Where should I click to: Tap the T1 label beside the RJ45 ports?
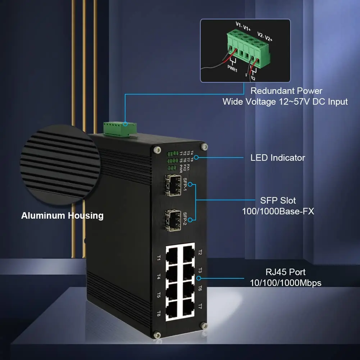point(159,258)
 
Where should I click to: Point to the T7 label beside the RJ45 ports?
point(200,306)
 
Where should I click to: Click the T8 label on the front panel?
point(159,313)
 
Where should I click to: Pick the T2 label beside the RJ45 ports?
point(200,252)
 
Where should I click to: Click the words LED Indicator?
point(278,158)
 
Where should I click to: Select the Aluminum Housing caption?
point(62,216)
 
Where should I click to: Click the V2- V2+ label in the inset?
point(265,36)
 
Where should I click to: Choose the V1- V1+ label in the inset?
point(243,26)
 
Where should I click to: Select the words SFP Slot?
point(278,200)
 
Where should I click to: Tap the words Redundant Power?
point(286,91)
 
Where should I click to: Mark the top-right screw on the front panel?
point(204,146)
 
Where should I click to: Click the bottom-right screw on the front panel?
point(204,326)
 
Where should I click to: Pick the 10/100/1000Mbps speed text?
point(286,283)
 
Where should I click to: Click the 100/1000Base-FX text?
point(278,211)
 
